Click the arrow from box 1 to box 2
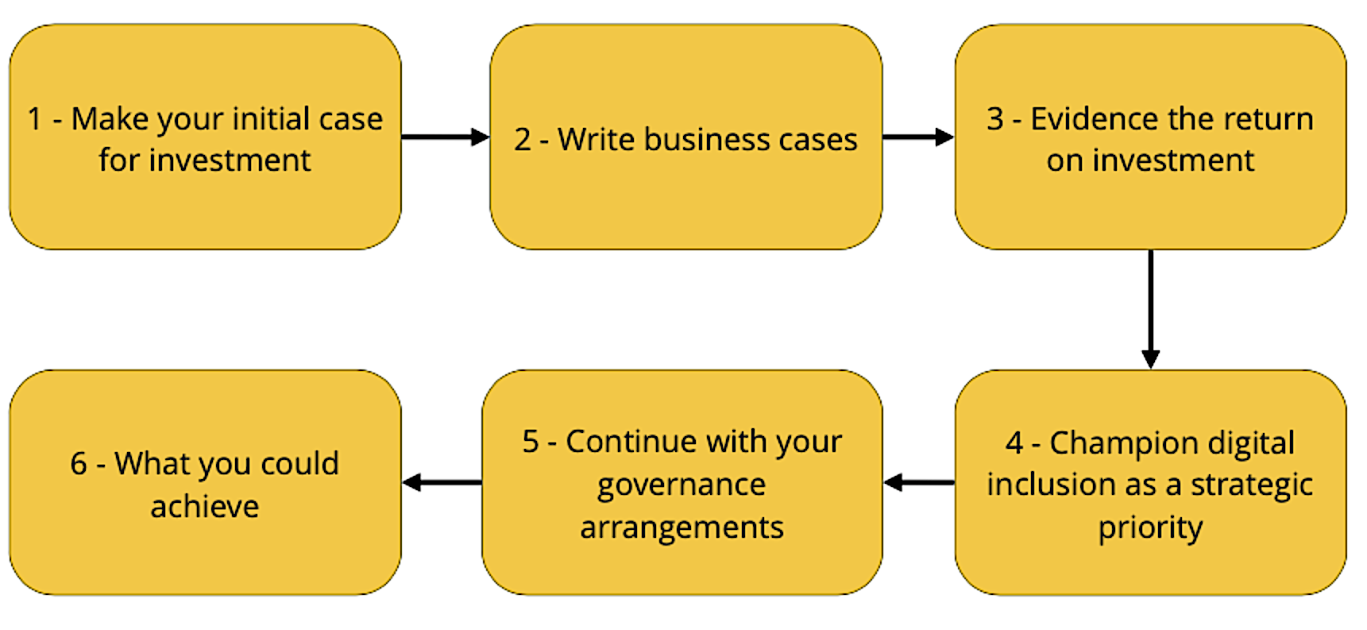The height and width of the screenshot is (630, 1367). tap(445, 137)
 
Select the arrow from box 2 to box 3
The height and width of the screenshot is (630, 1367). tap(917, 137)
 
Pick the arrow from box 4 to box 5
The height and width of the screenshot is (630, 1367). tap(919, 482)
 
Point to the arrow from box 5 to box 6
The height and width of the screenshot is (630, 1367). tap(442, 482)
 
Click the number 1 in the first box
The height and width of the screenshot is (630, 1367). tap(35, 119)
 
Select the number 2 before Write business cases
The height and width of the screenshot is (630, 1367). tap(522, 140)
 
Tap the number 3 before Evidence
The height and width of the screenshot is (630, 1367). tap(995, 119)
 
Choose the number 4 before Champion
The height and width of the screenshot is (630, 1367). tap(1014, 443)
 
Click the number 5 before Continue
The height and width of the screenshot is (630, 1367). tap(531, 442)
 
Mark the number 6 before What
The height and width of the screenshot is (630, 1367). tap(78, 464)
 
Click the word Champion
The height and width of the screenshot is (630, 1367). tap(1114, 443)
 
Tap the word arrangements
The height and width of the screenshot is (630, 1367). tap(682, 528)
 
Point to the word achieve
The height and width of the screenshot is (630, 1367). tap(205, 507)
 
